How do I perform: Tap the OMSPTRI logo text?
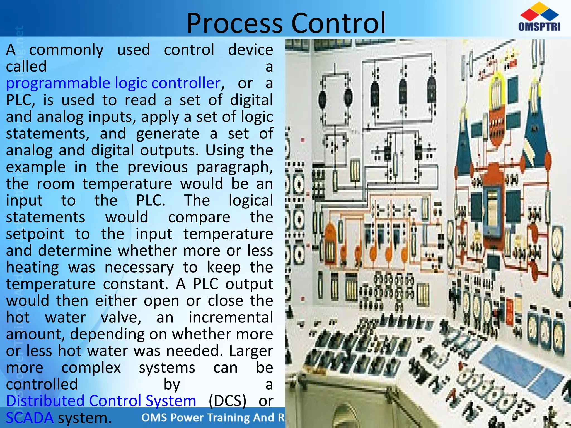(x=539, y=27)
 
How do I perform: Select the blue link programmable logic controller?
(x=113, y=83)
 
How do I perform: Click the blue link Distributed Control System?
(x=101, y=401)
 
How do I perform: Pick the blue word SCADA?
(x=30, y=418)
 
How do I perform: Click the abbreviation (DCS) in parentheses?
(x=228, y=401)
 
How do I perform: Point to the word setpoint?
(x=35, y=234)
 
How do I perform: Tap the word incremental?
(x=231, y=317)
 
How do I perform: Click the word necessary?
(x=139, y=267)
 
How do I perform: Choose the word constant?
(x=136, y=284)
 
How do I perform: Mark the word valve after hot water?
(x=120, y=317)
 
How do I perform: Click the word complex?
(x=91, y=368)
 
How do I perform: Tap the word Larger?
(x=251, y=351)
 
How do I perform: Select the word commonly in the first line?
(x=66, y=50)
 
